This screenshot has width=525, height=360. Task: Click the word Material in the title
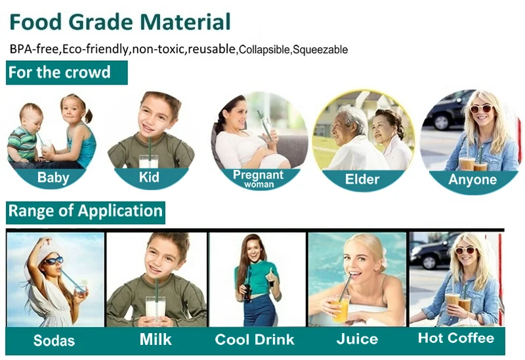coord(185,22)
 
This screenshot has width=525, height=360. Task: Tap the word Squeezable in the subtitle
coord(320,50)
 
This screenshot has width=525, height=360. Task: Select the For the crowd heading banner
coord(67,72)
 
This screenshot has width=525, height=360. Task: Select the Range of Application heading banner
coord(85,212)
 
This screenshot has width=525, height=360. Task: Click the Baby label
coord(53,177)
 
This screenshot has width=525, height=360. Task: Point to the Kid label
coord(149,177)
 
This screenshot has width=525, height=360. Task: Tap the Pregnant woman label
coord(258,178)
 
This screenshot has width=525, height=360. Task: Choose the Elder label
coord(362,179)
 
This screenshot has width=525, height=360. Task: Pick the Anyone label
coord(472,180)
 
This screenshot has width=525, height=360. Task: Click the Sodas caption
coord(54,340)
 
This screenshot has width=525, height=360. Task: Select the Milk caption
coord(156,339)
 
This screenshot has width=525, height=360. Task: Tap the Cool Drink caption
coord(255,340)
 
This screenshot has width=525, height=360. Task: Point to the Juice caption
coord(357,339)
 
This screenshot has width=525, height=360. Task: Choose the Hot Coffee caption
coord(456,338)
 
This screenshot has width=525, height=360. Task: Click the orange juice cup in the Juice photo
coord(341,308)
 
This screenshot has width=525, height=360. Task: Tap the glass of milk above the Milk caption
coord(156,307)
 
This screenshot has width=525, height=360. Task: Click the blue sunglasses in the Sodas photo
coord(54,260)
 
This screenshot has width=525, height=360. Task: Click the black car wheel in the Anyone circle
coord(441,122)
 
